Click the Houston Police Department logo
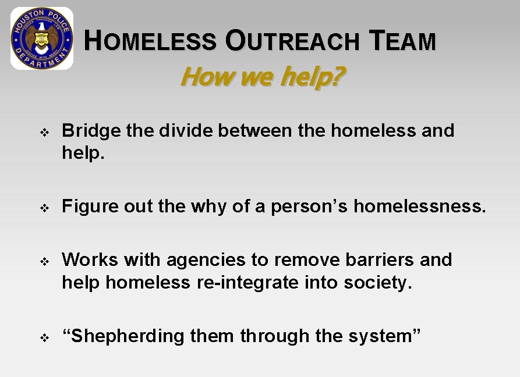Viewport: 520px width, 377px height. [x=42, y=38]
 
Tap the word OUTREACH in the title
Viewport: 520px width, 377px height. [x=292, y=41]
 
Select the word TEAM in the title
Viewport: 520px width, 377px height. [x=402, y=41]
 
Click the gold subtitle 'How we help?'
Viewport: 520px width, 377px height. [x=262, y=76]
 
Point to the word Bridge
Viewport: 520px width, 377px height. [x=91, y=130]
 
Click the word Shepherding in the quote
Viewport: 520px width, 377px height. [x=123, y=336]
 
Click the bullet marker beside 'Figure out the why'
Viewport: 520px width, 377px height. [x=44, y=207]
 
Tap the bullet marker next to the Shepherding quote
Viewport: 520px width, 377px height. [x=44, y=337]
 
